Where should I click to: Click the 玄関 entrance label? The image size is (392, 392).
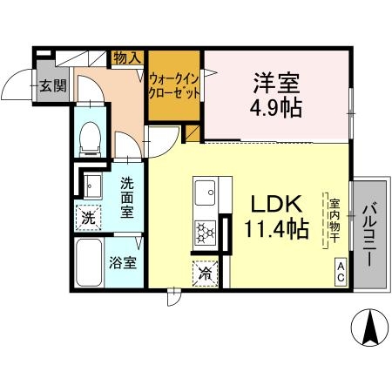coord(52,85)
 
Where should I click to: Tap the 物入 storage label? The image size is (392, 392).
coord(127,58)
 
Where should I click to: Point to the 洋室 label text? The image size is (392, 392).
coord(276,84)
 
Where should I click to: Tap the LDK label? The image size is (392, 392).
coord(276,206)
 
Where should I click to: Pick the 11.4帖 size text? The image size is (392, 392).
coord(278,230)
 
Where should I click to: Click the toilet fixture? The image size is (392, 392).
coord(89,139)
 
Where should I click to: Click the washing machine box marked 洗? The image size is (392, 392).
coord(87,217)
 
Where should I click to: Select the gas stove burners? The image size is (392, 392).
coord(205,232)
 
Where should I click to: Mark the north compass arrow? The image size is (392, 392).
coord(369,329)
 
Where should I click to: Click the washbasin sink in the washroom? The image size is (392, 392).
coord(90,185)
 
